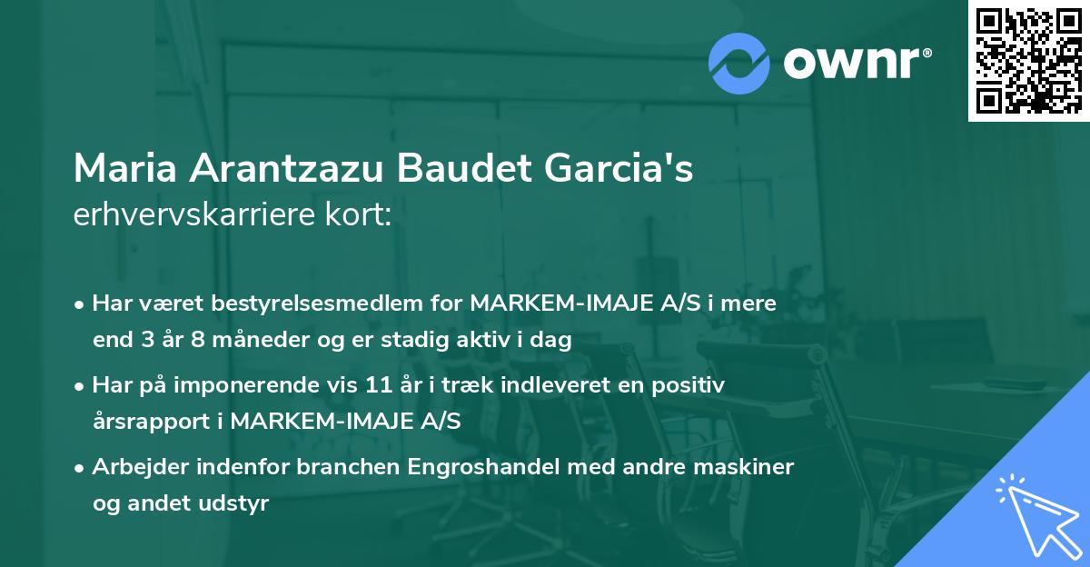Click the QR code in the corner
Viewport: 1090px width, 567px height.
pyautogui.click(x=1028, y=61)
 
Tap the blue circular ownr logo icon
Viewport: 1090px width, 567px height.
pyautogui.click(x=739, y=63)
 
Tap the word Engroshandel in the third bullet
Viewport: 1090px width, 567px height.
pyautogui.click(x=471, y=467)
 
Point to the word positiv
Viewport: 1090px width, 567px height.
pyautogui.click(x=694, y=385)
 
